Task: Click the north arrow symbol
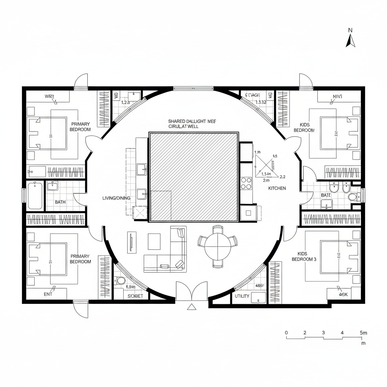tap(350, 40)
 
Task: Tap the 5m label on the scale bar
tap(363, 333)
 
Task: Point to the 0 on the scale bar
tap(286, 333)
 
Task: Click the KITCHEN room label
tap(277, 188)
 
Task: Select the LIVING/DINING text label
tap(116, 198)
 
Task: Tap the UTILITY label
tap(242, 296)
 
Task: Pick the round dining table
tap(217, 247)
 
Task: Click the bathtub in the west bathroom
tap(35, 195)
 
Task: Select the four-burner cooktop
tap(246, 183)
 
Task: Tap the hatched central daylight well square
tap(194, 176)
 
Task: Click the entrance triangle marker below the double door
tap(192, 307)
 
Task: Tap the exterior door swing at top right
tap(305, 80)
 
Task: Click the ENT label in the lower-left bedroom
tap(48, 294)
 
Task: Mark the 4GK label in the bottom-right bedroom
tap(343, 294)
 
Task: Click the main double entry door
tap(192, 291)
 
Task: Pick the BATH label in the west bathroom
tap(60, 202)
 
